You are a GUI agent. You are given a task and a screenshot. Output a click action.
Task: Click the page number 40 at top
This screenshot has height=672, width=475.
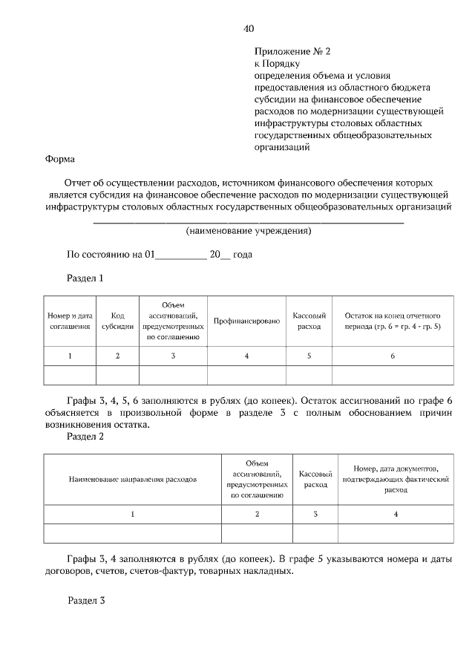click(249, 29)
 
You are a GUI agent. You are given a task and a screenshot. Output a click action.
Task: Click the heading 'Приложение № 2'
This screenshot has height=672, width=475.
click(292, 52)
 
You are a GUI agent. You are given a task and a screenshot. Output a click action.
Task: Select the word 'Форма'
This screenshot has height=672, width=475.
click(59, 159)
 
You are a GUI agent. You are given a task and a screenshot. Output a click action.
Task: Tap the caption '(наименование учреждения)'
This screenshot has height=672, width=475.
click(248, 231)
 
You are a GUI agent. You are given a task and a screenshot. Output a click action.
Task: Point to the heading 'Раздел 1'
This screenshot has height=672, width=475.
click(85, 278)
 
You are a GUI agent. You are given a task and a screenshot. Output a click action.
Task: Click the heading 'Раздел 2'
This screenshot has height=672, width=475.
click(85, 437)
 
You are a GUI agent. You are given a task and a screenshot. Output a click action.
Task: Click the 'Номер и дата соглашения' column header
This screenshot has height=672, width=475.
click(71, 321)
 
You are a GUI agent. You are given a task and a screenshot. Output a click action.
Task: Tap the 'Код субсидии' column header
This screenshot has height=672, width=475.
click(117, 321)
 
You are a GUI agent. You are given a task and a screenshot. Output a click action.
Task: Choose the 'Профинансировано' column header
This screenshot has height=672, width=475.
click(246, 321)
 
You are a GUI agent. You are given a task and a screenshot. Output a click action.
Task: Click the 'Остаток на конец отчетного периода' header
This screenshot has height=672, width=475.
click(393, 321)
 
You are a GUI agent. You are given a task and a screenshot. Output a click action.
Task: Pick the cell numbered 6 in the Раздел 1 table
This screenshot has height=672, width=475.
click(393, 356)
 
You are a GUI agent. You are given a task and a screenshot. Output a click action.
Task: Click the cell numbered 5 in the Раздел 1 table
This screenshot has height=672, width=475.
click(309, 356)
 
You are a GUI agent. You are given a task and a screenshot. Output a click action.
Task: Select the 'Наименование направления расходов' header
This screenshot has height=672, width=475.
click(133, 480)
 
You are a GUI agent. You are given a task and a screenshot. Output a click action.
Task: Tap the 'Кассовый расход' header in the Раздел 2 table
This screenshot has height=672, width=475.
click(315, 480)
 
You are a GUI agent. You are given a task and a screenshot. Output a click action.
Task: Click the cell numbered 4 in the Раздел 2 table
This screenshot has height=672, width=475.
click(396, 514)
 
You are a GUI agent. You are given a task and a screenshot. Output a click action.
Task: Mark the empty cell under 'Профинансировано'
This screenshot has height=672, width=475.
click(246, 375)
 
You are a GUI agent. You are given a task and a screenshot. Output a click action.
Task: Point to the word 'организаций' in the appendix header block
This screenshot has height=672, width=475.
click(281, 147)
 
